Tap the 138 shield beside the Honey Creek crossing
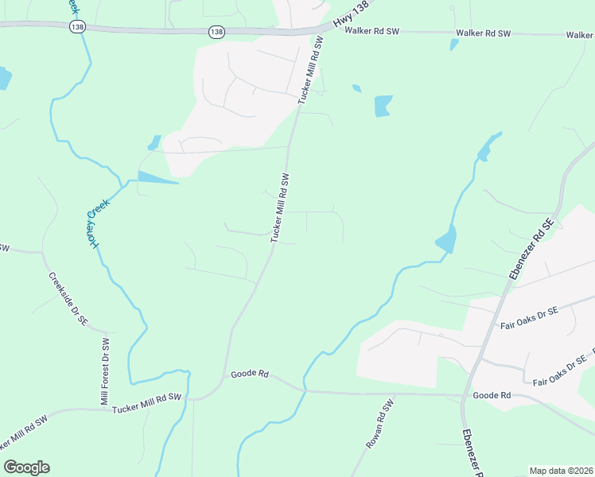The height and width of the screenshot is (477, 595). pos(77,26)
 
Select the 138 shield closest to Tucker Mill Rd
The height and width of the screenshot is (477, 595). pos(216,32)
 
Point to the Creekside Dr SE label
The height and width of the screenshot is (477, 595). pos(68,300)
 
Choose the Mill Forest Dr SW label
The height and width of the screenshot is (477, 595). pos(104,371)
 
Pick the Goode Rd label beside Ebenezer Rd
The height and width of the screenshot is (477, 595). pos(491,395)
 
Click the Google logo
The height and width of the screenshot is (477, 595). pos(26,467)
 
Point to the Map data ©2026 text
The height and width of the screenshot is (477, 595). pos(562,471)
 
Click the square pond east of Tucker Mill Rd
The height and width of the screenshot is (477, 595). pos(383,105)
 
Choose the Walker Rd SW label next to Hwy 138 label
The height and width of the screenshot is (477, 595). pos(371,32)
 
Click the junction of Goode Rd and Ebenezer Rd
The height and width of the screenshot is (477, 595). pos(464,394)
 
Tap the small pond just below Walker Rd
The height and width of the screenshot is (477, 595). pos(454,45)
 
